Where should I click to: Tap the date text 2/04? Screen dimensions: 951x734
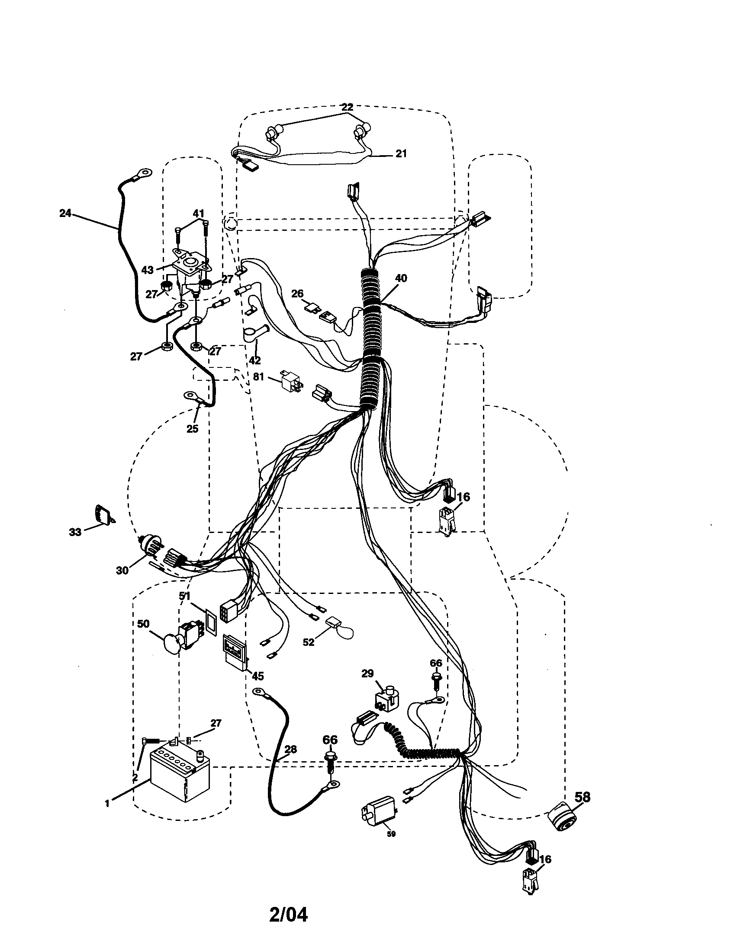288,914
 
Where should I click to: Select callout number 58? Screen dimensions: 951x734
583,796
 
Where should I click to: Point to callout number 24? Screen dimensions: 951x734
65,214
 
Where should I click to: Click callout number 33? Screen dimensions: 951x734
75,532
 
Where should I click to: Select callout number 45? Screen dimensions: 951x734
258,676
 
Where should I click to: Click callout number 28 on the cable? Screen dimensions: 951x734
291,750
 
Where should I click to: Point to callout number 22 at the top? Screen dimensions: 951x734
347,107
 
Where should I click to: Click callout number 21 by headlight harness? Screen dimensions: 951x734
401,153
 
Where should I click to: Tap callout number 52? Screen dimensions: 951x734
308,642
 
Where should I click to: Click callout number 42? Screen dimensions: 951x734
254,360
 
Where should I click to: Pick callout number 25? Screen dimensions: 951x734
192,428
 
